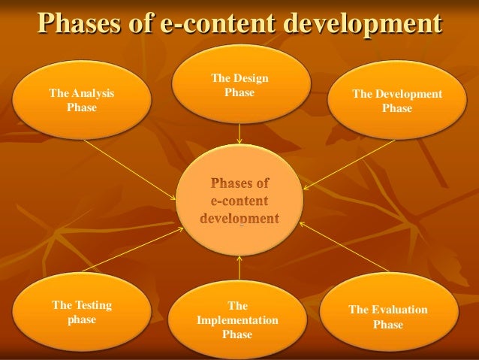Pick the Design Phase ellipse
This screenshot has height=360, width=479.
coord(239,84)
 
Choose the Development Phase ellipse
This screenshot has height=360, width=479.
coord(396,101)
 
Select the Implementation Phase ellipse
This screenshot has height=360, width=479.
coord(237,320)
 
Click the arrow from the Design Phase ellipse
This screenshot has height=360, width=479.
coord(239,133)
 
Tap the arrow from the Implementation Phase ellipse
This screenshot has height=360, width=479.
coord(239,268)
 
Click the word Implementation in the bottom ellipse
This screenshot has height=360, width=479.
coord(237,320)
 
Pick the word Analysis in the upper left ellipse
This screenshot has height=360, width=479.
coord(92,94)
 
